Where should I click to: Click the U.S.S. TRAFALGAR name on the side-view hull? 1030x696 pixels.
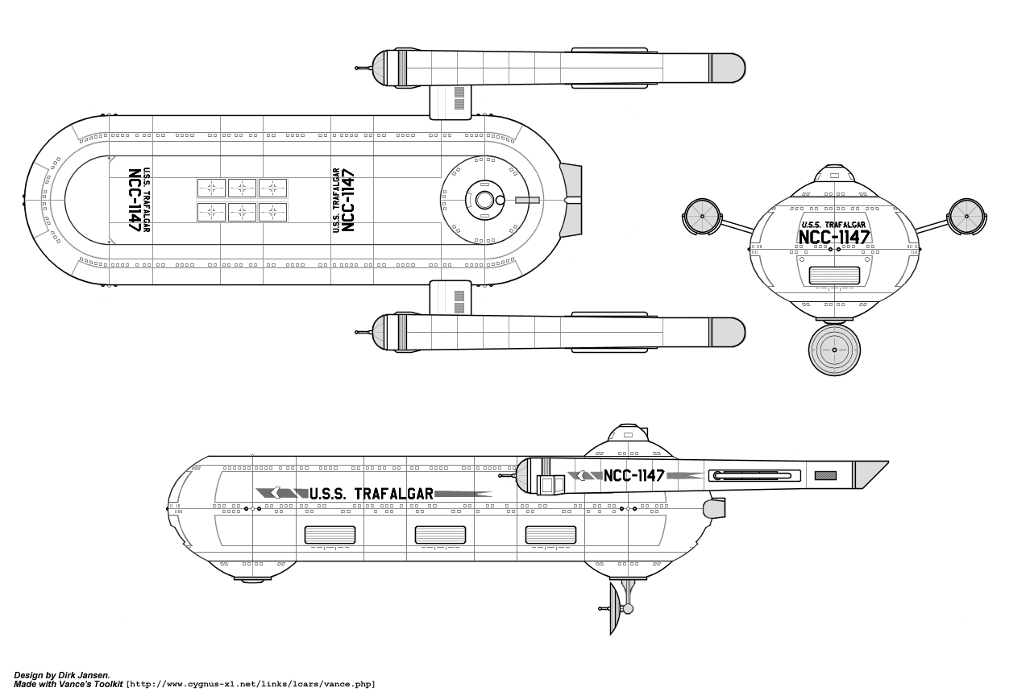372,493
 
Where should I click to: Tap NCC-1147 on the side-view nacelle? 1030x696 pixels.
633,475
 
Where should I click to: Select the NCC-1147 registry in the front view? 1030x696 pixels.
833,237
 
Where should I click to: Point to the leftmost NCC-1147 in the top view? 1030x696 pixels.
135,201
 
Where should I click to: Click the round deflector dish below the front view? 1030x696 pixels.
834,350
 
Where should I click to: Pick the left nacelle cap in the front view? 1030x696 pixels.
702,217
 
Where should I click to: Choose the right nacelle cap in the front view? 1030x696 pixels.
966,216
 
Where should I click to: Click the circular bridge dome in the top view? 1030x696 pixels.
484,200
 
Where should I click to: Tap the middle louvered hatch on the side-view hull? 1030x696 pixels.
440,534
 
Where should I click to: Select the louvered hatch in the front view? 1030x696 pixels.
834,275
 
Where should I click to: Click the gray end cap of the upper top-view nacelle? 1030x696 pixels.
727,68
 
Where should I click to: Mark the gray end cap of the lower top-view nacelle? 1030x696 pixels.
727,332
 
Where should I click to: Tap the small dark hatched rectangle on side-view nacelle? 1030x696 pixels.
825,475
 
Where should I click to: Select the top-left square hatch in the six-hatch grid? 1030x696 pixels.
212,188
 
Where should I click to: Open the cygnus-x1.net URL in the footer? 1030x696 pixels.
251,685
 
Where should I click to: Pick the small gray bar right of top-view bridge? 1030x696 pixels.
528,200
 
